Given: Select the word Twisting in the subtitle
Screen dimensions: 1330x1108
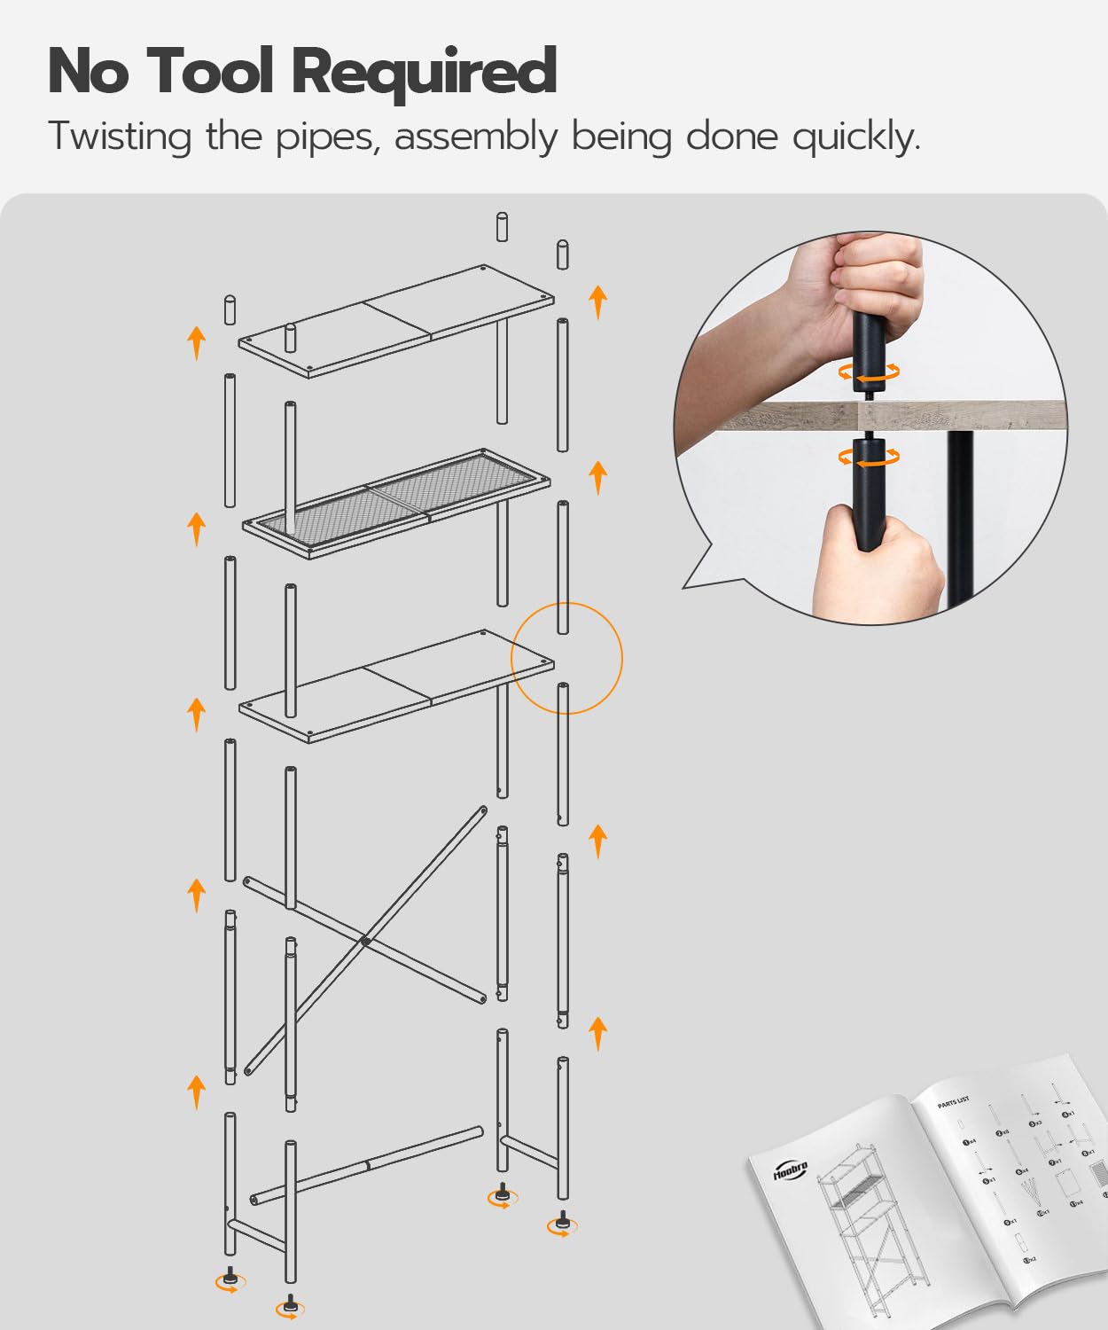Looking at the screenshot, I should pyautogui.click(x=120, y=137).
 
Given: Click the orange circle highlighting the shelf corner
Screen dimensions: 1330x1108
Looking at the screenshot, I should pyautogui.click(x=567, y=658).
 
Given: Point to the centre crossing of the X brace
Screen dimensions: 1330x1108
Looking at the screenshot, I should pyautogui.click(x=364, y=941).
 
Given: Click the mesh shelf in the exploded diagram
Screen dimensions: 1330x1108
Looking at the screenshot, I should pyautogui.click(x=396, y=502).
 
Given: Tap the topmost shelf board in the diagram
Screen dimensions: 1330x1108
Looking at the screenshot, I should pyautogui.click(x=395, y=320).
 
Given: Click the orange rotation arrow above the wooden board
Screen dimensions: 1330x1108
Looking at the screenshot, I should pyautogui.click(x=869, y=373).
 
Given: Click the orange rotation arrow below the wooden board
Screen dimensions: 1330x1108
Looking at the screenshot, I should pyautogui.click(x=869, y=458).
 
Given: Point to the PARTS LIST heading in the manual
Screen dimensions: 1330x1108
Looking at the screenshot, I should pyautogui.click(x=954, y=1103).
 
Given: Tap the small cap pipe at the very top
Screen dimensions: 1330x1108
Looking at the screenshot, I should pyautogui.click(x=502, y=227).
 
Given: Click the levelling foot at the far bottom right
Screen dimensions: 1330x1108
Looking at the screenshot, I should pyautogui.click(x=561, y=1224).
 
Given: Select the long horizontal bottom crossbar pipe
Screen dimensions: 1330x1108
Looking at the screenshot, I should pyautogui.click(x=366, y=1164).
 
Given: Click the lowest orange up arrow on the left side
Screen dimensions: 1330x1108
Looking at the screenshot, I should pyautogui.click(x=196, y=1091).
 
